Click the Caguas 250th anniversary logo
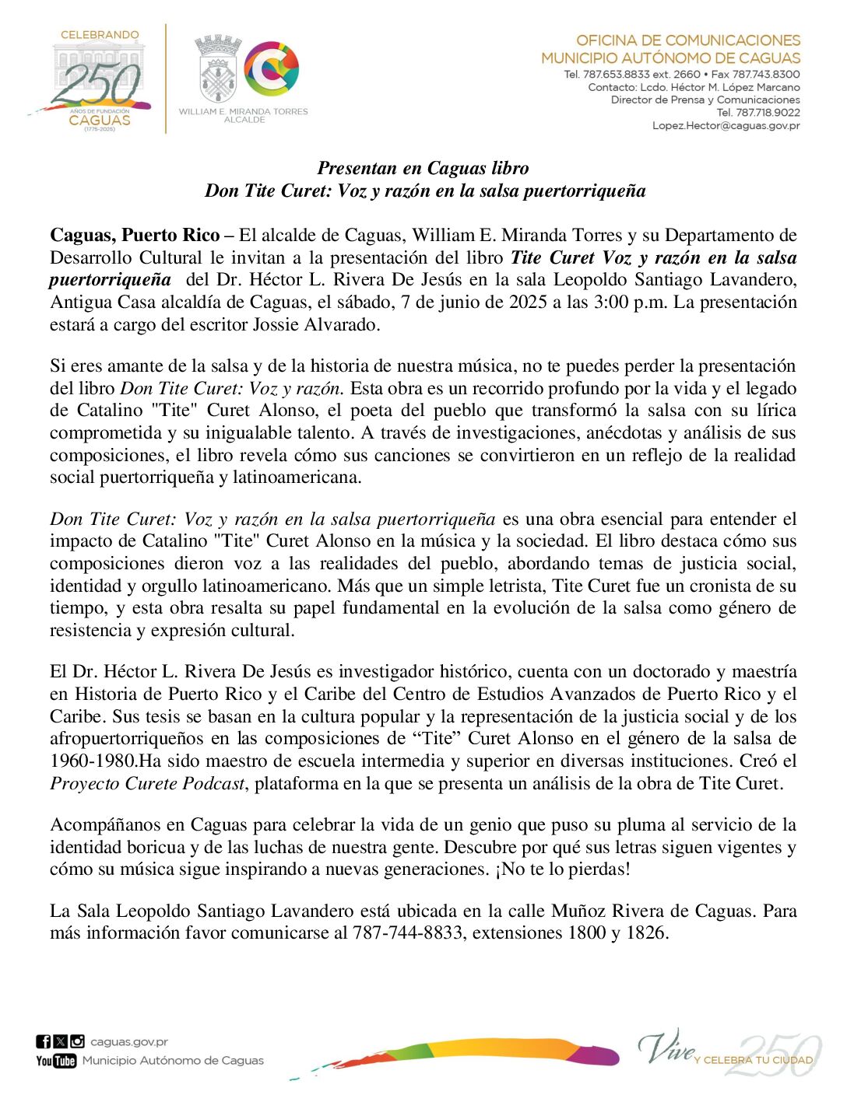pos(97,79)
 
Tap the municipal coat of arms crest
pos(217,70)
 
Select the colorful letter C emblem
pos(272,69)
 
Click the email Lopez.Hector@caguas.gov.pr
pos(726,125)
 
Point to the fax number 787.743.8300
pos(764,75)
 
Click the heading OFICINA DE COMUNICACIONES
pos(687,40)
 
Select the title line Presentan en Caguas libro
pos(423,168)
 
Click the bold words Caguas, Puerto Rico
pos(134,236)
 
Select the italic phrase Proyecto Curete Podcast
pos(147,784)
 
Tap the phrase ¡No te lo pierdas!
pos(562,869)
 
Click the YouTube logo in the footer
pos(56,1061)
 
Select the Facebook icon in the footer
pos(43,1042)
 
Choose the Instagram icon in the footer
pos(77,1042)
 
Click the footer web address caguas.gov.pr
pos(128,1042)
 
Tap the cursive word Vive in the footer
pos(664,1047)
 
